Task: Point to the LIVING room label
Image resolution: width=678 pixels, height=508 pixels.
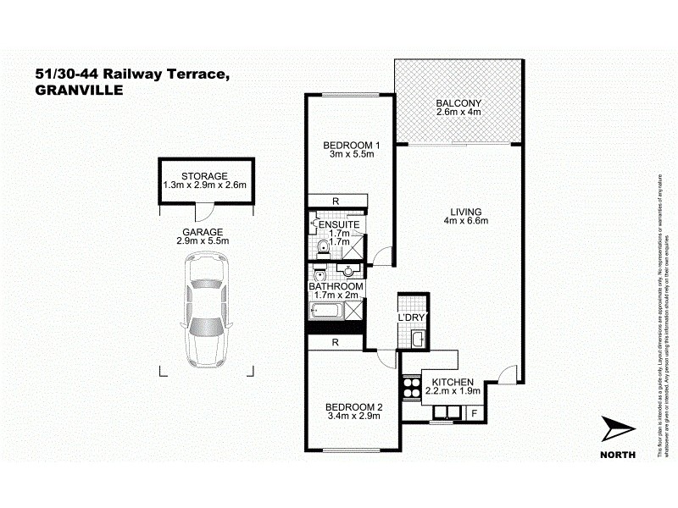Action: tap(466, 211)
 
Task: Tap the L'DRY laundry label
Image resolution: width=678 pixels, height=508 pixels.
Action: tap(411, 317)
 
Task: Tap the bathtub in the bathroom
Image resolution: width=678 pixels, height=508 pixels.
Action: tap(326, 312)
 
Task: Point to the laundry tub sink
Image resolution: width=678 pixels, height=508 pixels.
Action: tap(417, 340)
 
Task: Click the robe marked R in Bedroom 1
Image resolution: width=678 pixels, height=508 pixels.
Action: tap(337, 200)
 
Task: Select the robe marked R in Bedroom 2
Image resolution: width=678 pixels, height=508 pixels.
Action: tap(336, 343)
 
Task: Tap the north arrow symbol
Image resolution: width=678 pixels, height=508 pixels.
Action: tap(617, 431)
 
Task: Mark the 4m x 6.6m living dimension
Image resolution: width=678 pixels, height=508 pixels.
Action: tap(466, 222)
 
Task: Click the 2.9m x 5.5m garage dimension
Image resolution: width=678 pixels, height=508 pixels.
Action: tap(203, 241)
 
